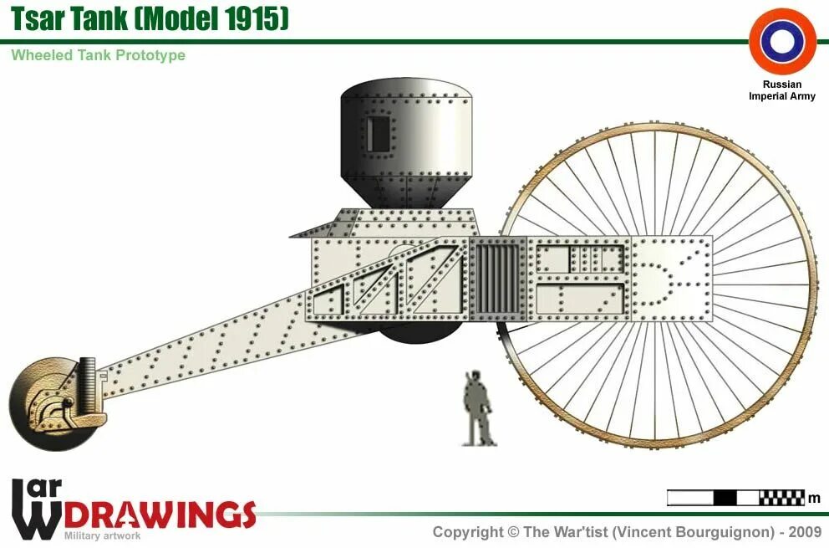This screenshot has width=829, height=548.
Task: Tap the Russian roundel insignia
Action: tap(782, 41)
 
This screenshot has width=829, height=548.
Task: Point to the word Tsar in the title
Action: tap(42, 18)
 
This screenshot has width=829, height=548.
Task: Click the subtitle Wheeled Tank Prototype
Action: tap(98, 55)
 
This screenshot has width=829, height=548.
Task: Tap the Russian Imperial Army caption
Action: tap(782, 90)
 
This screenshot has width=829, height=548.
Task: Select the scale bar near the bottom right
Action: tap(735, 498)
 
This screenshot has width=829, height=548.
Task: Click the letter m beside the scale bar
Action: tap(814, 499)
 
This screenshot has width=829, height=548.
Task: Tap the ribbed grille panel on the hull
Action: tap(498, 279)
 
